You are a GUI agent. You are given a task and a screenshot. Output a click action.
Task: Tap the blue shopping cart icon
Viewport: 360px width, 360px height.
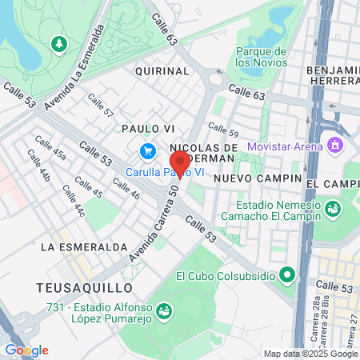tap(147, 151)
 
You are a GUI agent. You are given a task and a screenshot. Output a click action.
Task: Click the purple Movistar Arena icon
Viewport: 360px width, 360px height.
tap(335, 146)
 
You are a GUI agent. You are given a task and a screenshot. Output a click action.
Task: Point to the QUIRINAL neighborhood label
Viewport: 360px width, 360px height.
tap(162, 70)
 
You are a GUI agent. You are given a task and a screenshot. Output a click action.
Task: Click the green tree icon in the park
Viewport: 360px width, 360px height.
tap(58, 42)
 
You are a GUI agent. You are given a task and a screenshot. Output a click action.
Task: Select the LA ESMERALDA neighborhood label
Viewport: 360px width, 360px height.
tap(85, 246)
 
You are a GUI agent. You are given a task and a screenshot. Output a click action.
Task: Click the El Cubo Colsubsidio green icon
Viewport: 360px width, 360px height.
tap(287, 276)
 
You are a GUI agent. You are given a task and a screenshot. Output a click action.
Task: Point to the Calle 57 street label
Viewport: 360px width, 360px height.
tap(101, 105)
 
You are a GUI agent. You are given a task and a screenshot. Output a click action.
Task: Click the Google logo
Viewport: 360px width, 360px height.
tap(26, 350)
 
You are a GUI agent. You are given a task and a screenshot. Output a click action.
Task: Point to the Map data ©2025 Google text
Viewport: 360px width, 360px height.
tap(311, 354)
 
